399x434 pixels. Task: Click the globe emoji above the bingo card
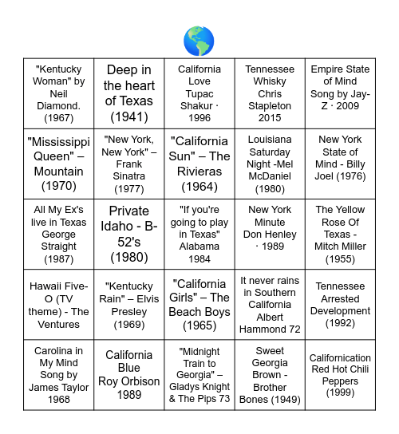[199, 41]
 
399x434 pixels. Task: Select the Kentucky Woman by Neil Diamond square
[59, 93]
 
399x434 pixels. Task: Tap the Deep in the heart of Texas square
[129, 93]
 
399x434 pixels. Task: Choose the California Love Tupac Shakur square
[199, 93]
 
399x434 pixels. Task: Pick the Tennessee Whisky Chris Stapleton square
[270, 93]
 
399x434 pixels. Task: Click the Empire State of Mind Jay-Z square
[340, 93]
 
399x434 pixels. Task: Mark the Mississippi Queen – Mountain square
[59, 164]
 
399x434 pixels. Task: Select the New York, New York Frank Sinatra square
[129, 164]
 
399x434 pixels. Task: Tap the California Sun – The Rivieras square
[199, 164]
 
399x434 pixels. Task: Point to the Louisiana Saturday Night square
[270, 164]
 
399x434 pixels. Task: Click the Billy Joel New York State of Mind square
[340, 164]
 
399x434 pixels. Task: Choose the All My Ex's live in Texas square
[59, 234]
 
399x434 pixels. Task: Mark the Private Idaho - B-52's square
[129, 234]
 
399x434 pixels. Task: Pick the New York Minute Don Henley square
[270, 234]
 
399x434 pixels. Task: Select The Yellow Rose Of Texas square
[340, 234]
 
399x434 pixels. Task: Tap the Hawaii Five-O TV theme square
[59, 304]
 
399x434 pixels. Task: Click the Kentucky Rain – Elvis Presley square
[129, 304]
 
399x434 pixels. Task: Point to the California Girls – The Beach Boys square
[199, 304]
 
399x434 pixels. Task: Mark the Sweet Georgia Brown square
[270, 374]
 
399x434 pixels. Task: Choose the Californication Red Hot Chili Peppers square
[340, 374]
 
